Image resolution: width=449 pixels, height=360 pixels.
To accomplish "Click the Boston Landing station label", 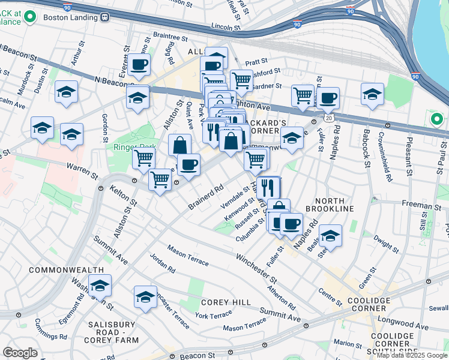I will [69, 17].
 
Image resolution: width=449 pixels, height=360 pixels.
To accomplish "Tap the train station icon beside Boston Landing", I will [104, 17].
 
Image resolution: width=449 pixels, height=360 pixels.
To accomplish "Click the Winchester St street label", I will [256, 269].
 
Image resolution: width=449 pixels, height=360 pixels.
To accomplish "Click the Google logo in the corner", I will [20, 352].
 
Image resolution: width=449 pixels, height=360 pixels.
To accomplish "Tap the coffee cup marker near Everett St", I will [139, 64].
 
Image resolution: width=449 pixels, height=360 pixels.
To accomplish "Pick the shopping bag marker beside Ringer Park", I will [179, 145].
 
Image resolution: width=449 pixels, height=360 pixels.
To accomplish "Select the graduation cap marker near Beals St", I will [330, 235].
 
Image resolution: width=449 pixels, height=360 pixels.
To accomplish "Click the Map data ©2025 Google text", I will [411, 355].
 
